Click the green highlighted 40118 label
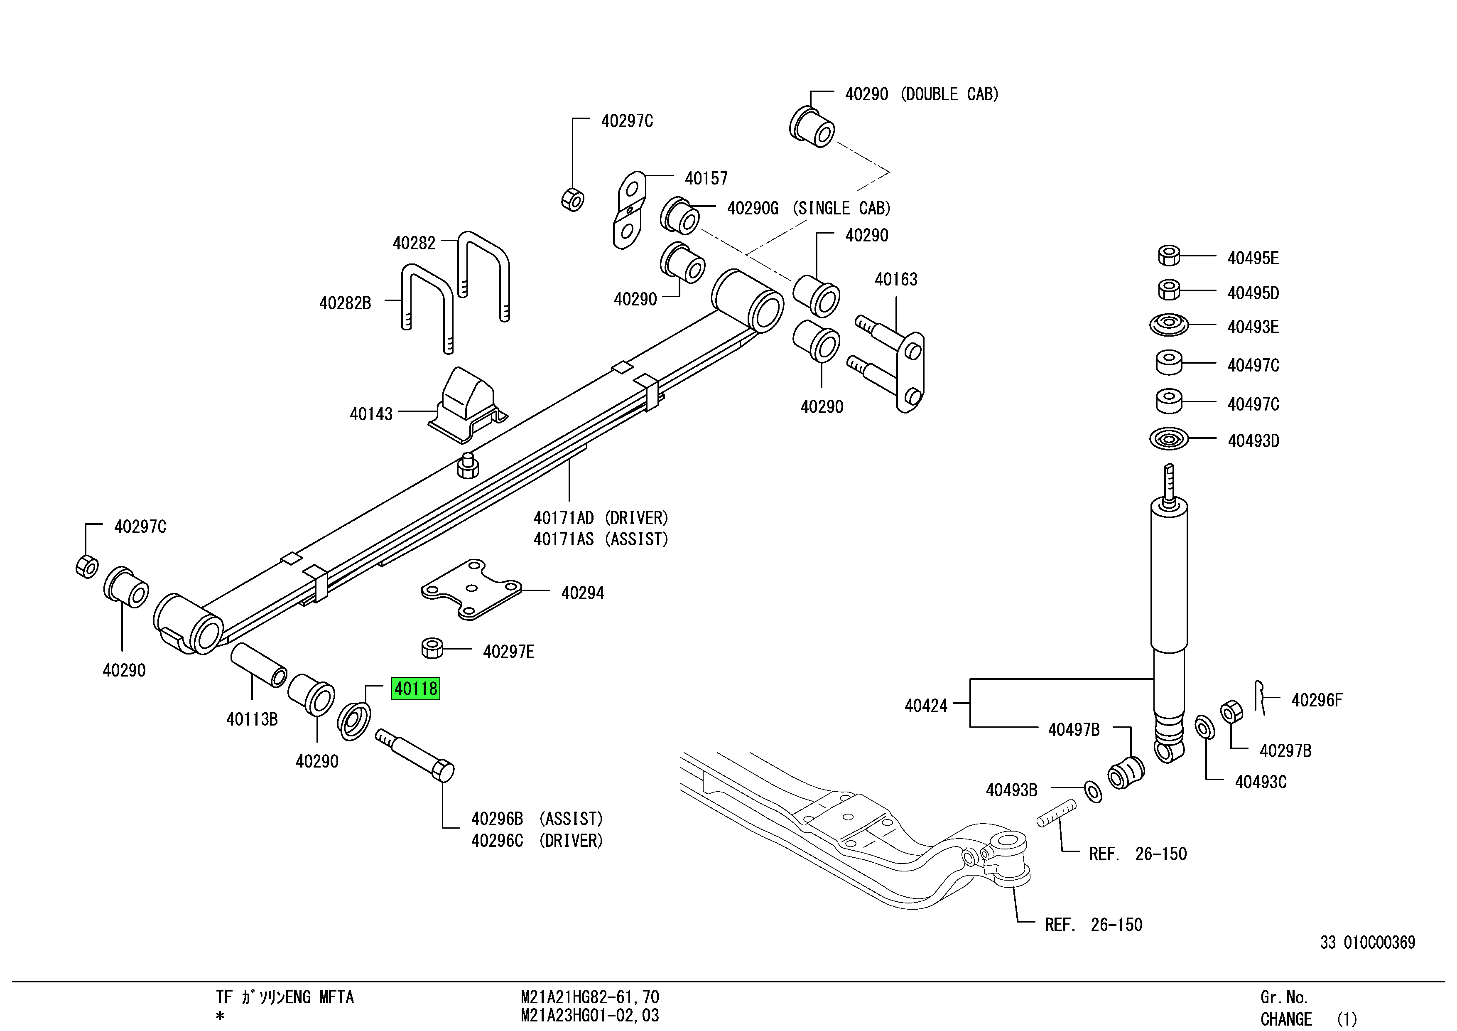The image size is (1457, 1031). tap(416, 689)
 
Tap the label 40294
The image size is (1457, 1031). tap(583, 593)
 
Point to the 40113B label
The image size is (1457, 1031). tap(252, 719)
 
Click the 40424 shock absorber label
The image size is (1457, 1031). tap(926, 705)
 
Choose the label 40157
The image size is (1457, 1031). tap(706, 178)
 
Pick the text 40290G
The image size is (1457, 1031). tap(753, 208)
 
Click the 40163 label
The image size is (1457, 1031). tap(896, 279)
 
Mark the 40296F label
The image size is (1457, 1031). tap(1317, 700)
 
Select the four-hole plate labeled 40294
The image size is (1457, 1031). tap(471, 589)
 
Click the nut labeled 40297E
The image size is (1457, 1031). tap(432, 648)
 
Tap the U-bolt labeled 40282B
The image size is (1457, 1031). tap(427, 308)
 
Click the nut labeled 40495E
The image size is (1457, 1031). tap(1169, 255)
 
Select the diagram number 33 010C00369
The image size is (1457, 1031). tap(1368, 943)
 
